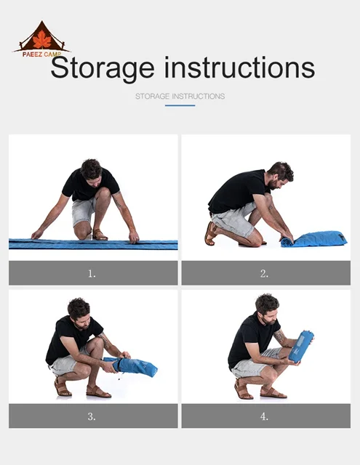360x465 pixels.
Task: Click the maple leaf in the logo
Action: [42, 39]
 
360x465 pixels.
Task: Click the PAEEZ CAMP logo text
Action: [42, 54]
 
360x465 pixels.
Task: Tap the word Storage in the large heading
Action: [103, 68]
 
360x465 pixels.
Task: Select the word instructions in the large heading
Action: [239, 68]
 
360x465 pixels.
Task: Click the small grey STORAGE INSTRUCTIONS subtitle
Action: [180, 96]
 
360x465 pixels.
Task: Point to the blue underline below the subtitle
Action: [180, 105]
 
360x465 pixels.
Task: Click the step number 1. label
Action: [92, 274]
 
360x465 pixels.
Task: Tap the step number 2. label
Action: [264, 274]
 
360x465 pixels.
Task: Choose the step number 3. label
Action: [92, 416]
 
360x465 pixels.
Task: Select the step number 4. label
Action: [264, 416]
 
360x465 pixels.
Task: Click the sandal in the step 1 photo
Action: [100, 235]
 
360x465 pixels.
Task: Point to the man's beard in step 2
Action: [273, 184]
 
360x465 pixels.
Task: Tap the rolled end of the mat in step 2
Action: [287, 242]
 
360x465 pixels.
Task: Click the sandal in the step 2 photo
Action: [211, 233]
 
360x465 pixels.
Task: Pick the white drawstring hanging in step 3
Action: [119, 374]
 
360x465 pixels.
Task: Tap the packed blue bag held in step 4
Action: [301, 346]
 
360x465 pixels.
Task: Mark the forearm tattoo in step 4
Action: [279, 336]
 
